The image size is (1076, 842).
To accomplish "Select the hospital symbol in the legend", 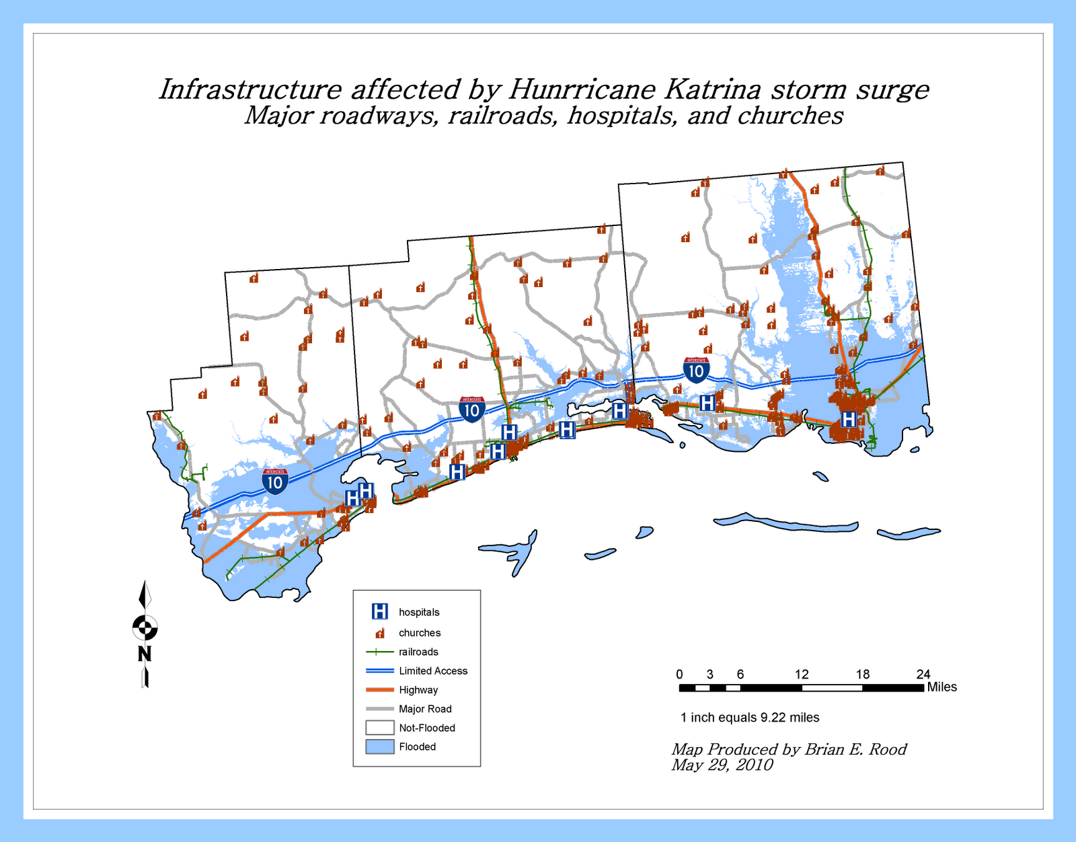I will point(380,611).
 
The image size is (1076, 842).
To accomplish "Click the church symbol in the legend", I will point(380,633).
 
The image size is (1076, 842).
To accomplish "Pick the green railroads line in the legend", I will point(380,652).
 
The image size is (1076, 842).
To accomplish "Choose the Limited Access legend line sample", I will point(380,671).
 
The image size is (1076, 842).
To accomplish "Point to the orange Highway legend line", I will point(380,689).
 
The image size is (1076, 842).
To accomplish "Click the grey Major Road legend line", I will point(380,709).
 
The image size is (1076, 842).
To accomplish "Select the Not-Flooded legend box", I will point(380,728).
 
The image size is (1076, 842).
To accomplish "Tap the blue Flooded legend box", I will point(380,747).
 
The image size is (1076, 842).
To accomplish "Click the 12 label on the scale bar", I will point(801,675).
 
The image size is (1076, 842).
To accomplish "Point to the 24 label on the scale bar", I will point(923,675).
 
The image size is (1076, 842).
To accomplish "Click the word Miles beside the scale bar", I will point(941,687).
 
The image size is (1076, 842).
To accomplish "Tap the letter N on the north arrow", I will point(145,654).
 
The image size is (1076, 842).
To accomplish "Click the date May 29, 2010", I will point(722,765).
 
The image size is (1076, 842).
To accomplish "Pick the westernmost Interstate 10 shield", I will point(276,482).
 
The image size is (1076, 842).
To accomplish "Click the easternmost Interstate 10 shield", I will point(696,371).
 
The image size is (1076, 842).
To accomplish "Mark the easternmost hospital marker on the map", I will point(849,419).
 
